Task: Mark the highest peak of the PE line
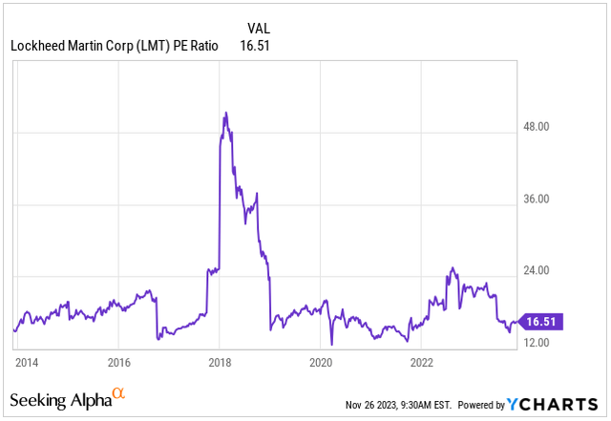tap(224, 113)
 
